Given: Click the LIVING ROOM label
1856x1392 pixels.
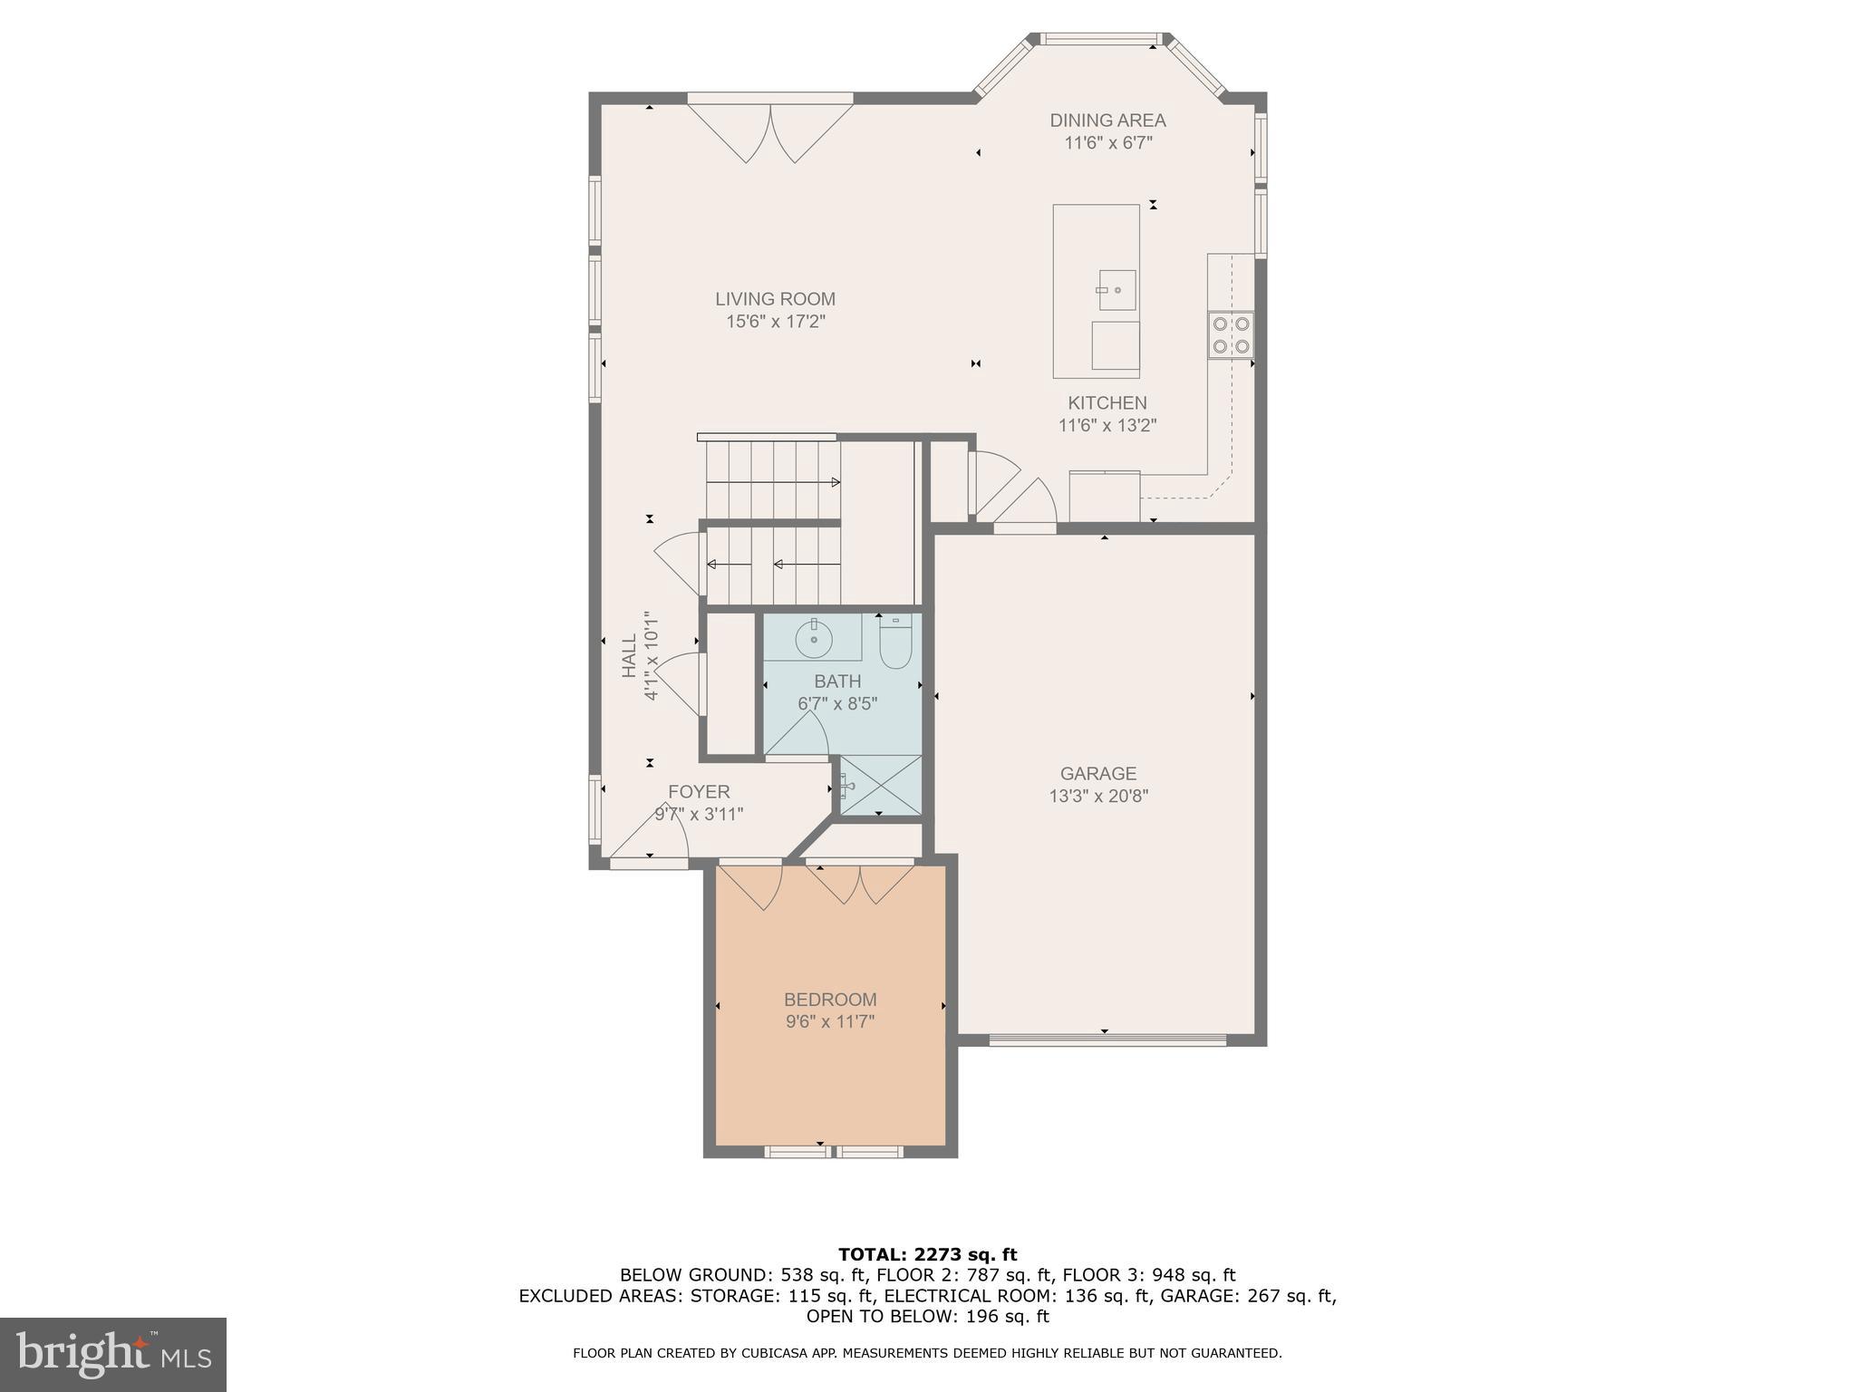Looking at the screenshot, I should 775,299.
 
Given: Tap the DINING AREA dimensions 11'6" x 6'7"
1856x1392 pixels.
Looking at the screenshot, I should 1107,143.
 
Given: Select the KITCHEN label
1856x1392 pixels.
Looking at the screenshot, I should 1107,403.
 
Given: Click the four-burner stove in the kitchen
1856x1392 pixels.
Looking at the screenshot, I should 1231,334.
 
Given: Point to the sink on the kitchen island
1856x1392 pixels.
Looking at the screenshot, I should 1116,290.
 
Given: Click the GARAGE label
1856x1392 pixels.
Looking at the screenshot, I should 1098,774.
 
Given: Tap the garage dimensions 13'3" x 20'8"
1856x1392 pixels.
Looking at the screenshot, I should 1098,797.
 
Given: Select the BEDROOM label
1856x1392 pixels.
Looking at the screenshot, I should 830,1000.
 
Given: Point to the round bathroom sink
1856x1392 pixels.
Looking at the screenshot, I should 814,640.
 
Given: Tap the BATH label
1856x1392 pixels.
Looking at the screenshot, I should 837,681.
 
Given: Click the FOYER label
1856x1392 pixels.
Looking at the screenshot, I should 699,792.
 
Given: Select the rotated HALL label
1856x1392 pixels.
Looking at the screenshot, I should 629,655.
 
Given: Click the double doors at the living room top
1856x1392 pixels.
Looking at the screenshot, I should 770,131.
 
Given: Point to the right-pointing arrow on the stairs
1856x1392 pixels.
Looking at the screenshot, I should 836,483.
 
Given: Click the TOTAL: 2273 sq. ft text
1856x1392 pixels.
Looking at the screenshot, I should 927,1255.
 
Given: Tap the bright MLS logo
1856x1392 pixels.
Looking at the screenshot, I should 113,1355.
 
